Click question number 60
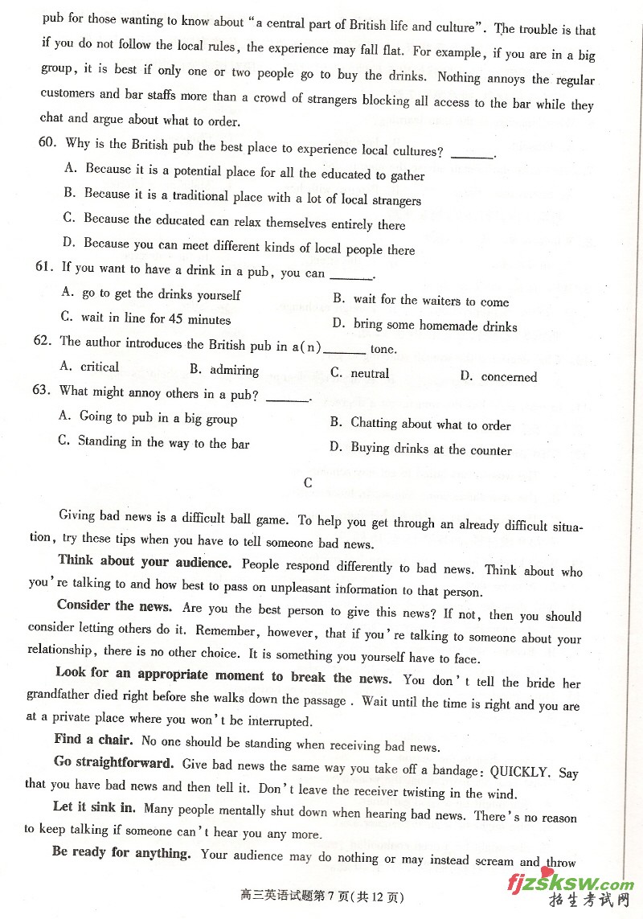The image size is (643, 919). coord(47,142)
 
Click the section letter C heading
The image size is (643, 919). coord(308,483)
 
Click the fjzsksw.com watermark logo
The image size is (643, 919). coord(571,885)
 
